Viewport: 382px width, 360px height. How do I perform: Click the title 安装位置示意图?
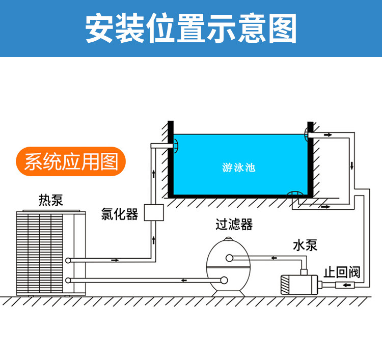[x=190, y=29]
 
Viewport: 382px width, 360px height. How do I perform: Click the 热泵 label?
[x=50, y=200]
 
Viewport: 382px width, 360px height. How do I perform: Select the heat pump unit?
[x=50, y=252]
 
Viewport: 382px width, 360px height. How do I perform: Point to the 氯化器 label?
[x=120, y=214]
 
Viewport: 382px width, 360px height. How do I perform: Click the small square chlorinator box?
[x=153, y=213]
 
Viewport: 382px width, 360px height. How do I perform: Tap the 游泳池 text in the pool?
[x=239, y=167]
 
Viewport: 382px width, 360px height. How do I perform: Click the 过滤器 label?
[x=234, y=224]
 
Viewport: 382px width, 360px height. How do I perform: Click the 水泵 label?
[x=305, y=245]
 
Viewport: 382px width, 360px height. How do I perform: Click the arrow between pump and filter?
[x=275, y=258]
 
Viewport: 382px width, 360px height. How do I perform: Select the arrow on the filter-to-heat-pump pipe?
[x=184, y=280]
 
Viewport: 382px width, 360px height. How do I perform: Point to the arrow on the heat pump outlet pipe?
[x=115, y=260]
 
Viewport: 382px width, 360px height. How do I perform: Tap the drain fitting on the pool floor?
[x=295, y=194]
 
